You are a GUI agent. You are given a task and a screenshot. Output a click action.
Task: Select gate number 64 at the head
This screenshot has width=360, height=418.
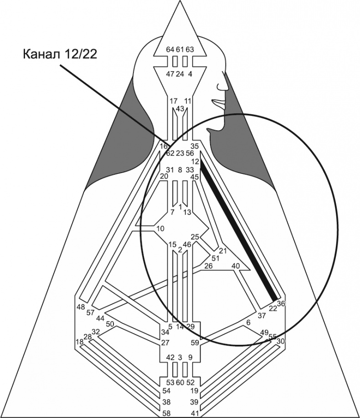[170, 49]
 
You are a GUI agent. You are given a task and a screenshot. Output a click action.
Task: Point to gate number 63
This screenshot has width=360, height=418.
[190, 49]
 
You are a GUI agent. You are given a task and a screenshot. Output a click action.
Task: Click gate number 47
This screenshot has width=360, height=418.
[170, 74]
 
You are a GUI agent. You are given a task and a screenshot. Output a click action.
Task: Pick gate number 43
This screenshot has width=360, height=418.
[180, 108]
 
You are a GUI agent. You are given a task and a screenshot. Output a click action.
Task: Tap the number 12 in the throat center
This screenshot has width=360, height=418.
[195, 162]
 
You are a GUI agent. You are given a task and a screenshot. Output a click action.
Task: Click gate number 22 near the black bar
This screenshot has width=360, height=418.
[273, 308]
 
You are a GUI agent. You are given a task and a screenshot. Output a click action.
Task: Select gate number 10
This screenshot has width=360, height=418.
[159, 228]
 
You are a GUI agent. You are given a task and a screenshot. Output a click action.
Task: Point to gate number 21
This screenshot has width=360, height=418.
[223, 251]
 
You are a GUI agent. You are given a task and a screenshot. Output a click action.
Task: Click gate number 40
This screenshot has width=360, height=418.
[236, 265]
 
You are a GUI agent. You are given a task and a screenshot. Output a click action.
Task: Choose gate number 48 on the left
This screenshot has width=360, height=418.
[81, 306]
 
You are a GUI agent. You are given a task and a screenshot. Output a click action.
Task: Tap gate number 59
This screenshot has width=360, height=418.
[195, 342]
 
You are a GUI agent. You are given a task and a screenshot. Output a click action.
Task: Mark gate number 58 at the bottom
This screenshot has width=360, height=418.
[168, 413]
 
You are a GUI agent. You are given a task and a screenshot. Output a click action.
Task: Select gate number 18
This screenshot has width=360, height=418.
[79, 342]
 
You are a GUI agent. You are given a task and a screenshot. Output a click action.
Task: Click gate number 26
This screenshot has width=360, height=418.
[208, 265]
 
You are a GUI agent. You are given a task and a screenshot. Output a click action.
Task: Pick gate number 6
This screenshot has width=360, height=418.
[248, 322]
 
